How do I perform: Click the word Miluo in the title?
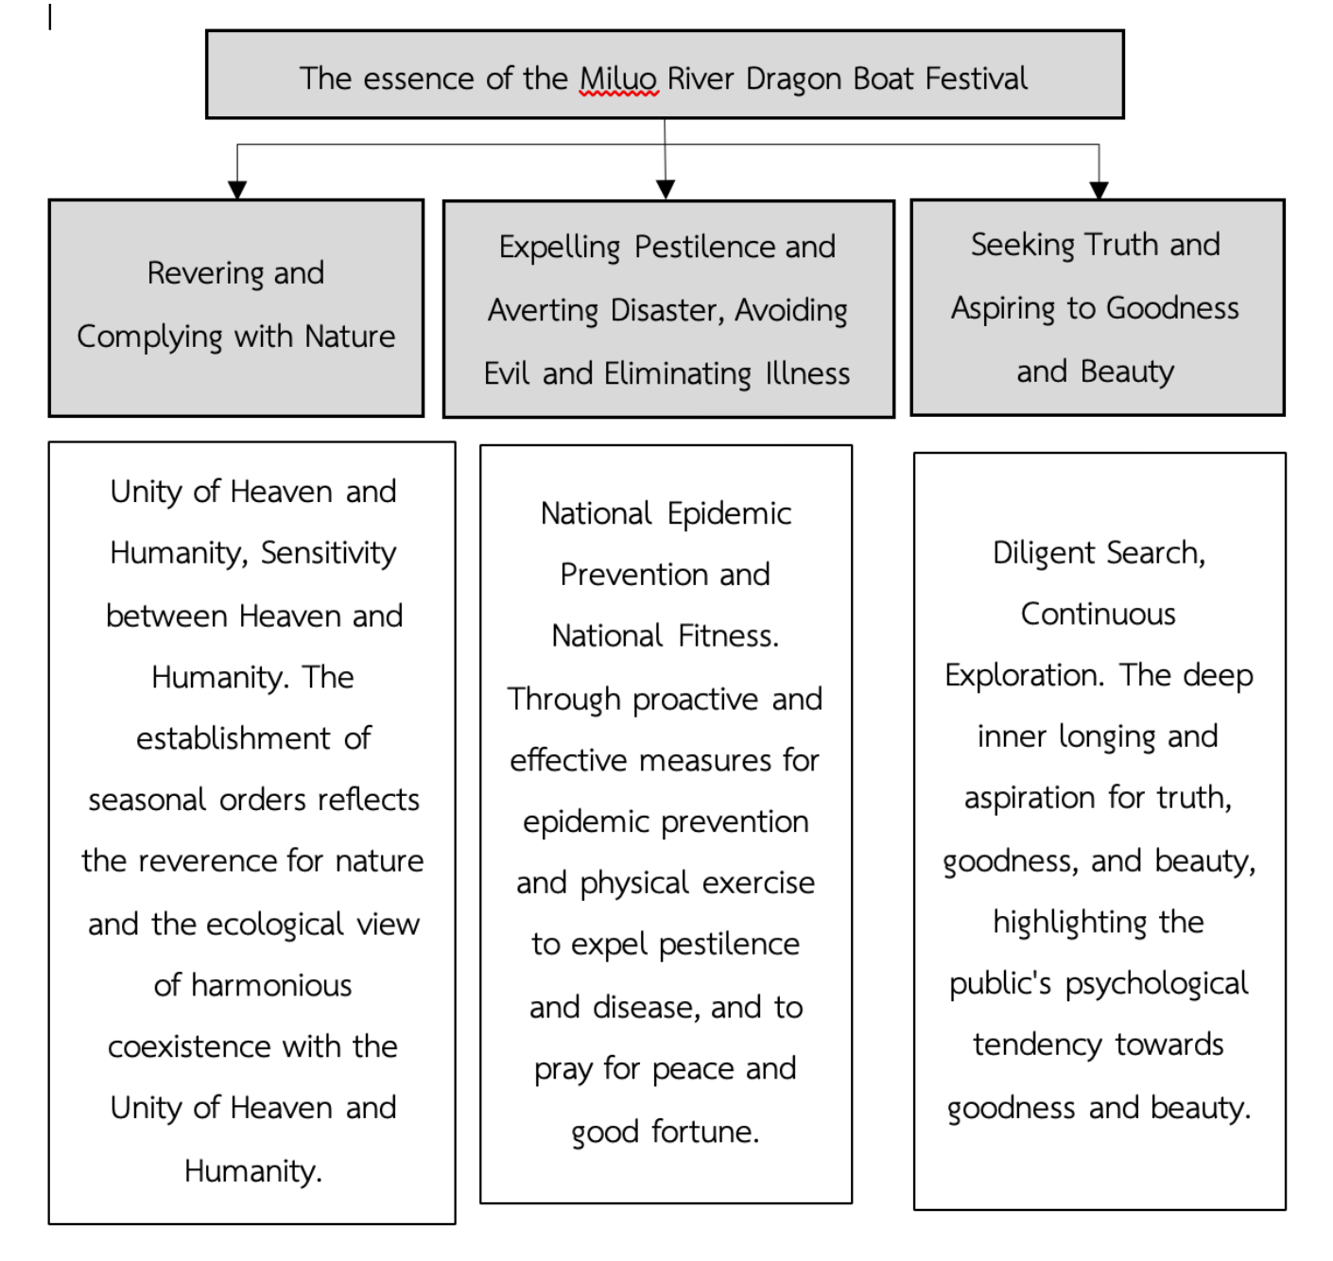pos(618,78)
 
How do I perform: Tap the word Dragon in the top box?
pos(795,78)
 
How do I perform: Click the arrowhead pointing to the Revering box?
pos(237,189)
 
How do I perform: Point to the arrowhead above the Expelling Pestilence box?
pos(666,189)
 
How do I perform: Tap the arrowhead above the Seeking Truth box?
pos(1099,189)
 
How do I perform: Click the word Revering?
pos(205,273)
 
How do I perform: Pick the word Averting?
pos(544,310)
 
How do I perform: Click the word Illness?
pos(807,373)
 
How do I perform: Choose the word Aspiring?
pos(1003,308)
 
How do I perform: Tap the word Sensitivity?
pos(328,553)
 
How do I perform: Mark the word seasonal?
pos(147,800)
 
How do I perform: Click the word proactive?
pos(695,700)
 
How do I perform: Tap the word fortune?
pos(705,1131)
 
